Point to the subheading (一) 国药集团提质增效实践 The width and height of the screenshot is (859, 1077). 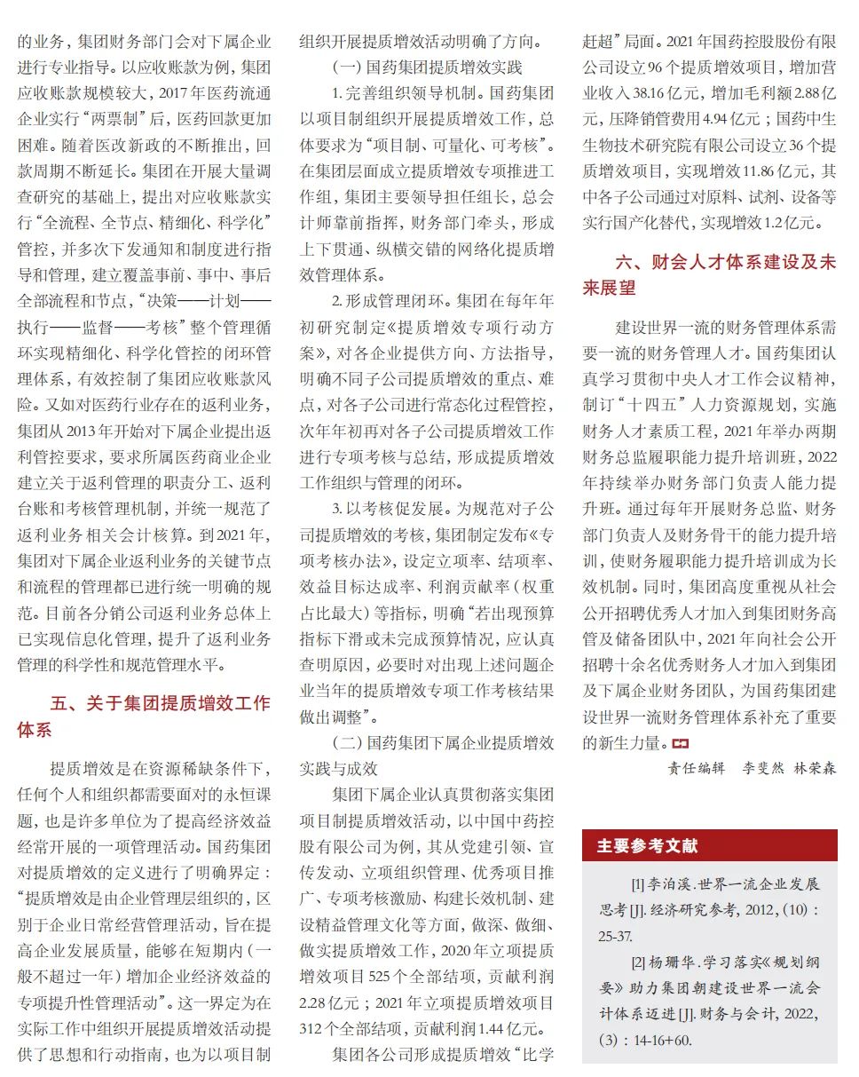tap(427, 67)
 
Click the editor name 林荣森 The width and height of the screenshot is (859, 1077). tap(815, 768)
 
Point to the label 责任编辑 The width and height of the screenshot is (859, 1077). tap(697, 768)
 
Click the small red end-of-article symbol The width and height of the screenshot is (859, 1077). tap(681, 743)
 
